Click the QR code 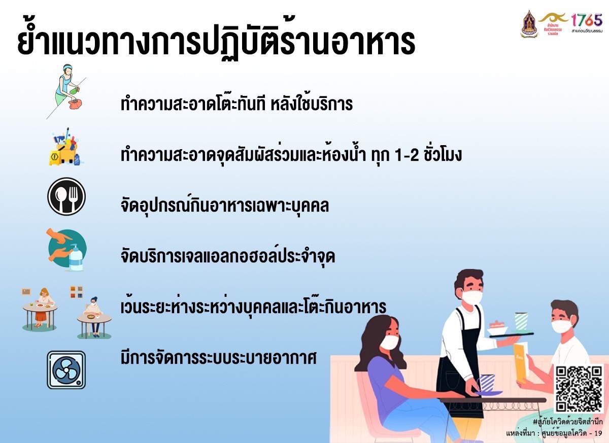(x=579, y=389)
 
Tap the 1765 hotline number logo (x=586, y=23)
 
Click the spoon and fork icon (x=66, y=196)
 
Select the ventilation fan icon (x=66, y=370)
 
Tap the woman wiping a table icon (x=67, y=91)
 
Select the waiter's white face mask (x=472, y=297)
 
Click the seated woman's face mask (x=389, y=342)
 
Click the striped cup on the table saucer (x=487, y=383)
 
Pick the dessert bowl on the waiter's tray (x=497, y=328)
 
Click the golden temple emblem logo (x=529, y=24)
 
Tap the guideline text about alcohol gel (x=228, y=256)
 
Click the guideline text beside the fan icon (x=219, y=358)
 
